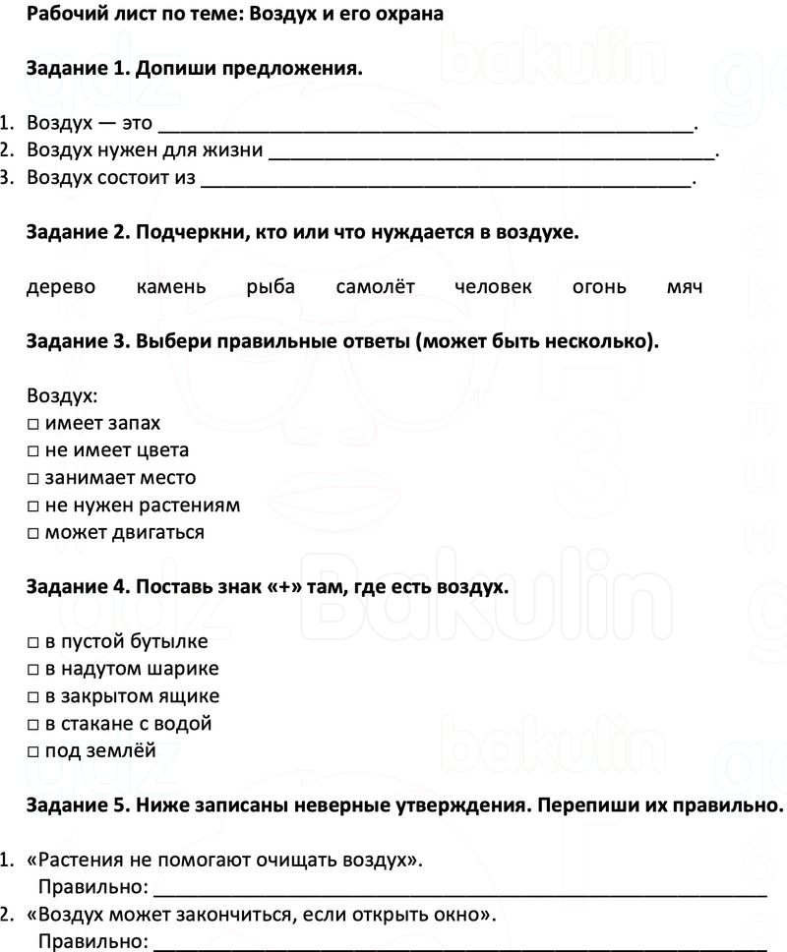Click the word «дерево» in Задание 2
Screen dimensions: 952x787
tap(61, 287)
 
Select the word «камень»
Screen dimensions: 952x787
tap(171, 287)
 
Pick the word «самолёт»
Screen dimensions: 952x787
tap(375, 287)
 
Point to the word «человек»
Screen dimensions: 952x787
tap(494, 287)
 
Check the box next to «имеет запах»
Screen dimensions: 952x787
tap(33, 424)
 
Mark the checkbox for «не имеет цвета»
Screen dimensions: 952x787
tap(33, 451)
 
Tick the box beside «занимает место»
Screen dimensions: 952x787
tap(33, 479)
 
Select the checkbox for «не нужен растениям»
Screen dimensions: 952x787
tap(33, 506)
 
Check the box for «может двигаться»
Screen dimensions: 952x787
tap(33, 534)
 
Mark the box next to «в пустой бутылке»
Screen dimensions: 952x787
tap(33, 643)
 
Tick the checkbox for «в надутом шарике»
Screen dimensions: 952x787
tap(33, 670)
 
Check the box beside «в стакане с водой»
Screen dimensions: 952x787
tap(33, 725)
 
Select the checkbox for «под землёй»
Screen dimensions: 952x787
tap(33, 752)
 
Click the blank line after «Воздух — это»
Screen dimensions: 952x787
tap(425, 125)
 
